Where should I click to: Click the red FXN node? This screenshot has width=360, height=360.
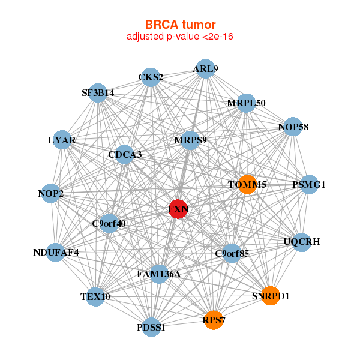coord(178,209)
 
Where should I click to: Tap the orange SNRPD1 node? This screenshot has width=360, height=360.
coord(271,295)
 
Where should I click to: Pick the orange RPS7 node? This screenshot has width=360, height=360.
coord(214,320)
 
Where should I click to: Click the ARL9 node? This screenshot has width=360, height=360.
coord(205,68)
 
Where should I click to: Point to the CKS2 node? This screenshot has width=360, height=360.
coord(151,77)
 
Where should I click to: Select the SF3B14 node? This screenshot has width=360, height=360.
coord(98,93)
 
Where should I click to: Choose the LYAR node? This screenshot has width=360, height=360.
coord(62,140)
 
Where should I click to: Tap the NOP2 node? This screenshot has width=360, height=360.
coord(51,193)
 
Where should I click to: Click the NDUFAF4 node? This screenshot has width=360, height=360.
coord(56,252)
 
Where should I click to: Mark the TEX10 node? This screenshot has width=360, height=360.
coord(95,296)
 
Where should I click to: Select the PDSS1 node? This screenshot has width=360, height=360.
coord(151,327)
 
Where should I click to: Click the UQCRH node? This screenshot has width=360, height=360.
coord(302,242)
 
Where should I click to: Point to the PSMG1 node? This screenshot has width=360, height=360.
coord(308,184)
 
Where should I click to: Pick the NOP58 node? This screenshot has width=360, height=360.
coord(293,127)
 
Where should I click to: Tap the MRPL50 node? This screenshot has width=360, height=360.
coord(246,103)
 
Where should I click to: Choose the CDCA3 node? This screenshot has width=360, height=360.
coord(125,155)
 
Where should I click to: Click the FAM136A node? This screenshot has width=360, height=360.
coord(159,274)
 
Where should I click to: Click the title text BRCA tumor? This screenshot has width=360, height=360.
coord(180,25)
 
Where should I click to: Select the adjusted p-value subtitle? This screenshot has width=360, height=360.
coord(180,37)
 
